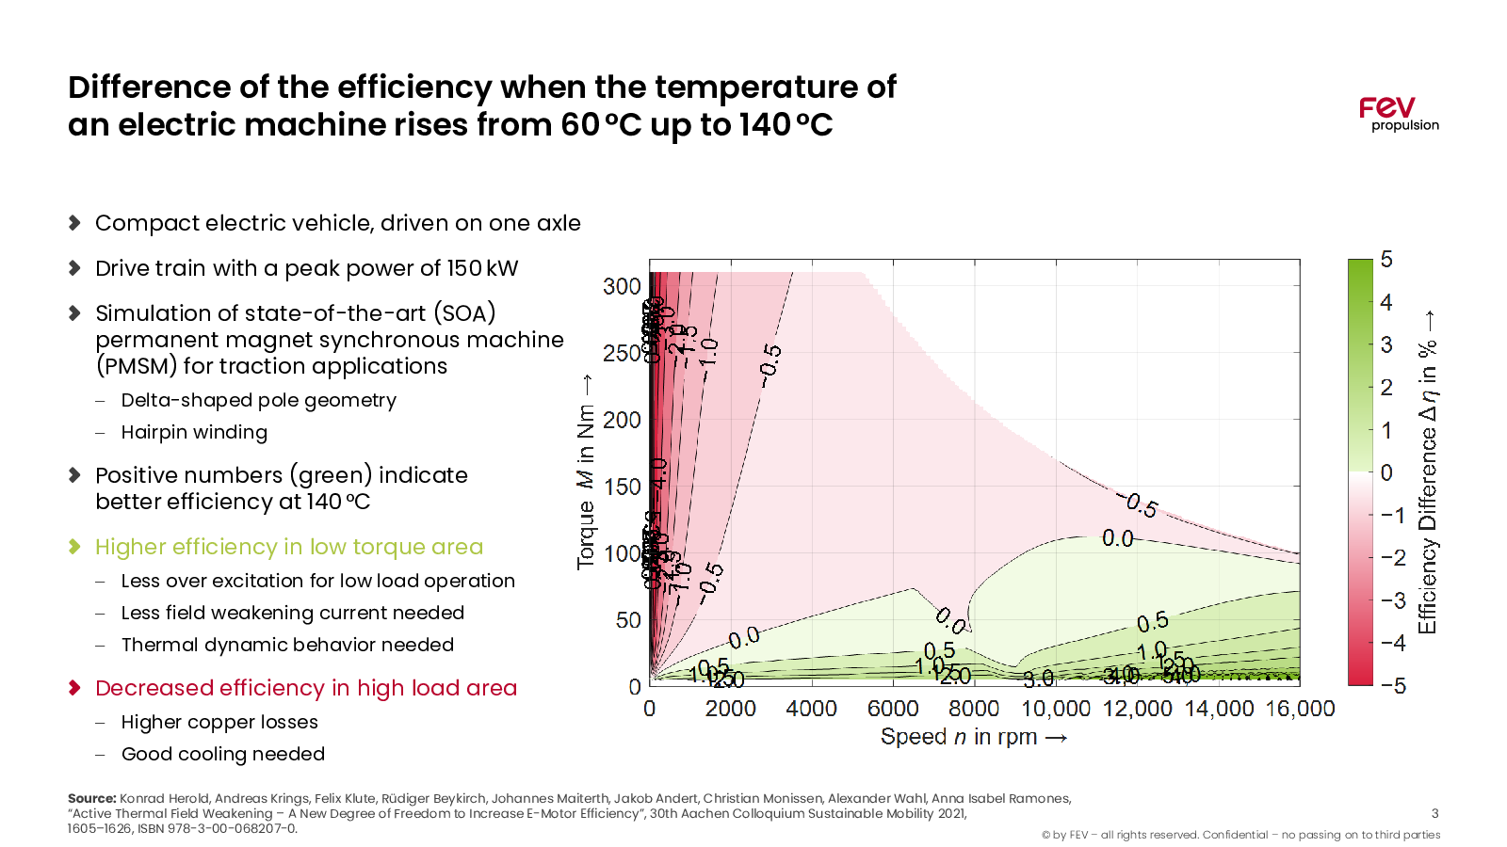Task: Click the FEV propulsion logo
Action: coord(1398,114)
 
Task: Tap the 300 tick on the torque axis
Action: coord(622,286)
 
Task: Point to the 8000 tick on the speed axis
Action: coord(974,709)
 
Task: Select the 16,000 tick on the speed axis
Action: coord(1300,709)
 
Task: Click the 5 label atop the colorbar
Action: coord(1386,260)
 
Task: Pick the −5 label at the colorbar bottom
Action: coord(1393,686)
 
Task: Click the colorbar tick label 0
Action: coord(1386,472)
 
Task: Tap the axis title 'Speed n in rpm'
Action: coord(973,737)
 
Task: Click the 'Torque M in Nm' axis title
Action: coord(586,471)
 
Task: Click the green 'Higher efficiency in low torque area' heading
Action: coord(289,547)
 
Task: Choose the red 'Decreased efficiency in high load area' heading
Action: coord(306,688)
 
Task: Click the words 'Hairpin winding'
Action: coord(194,432)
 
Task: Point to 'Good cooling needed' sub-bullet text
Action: coord(223,754)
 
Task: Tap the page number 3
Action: coord(1434,813)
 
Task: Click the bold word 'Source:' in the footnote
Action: coord(91,798)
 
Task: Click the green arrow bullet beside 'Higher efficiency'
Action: coord(75,547)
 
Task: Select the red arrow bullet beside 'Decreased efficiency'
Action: coord(75,688)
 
